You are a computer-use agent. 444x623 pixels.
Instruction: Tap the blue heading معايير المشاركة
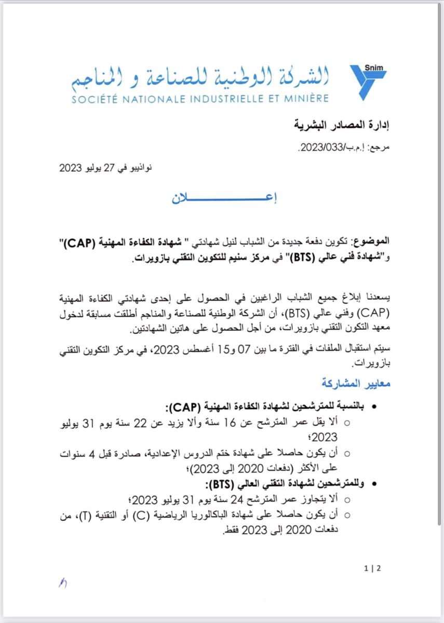[355, 384]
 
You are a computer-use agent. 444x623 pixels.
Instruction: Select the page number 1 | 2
[373, 568]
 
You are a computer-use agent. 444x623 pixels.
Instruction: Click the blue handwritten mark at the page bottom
[63, 584]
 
